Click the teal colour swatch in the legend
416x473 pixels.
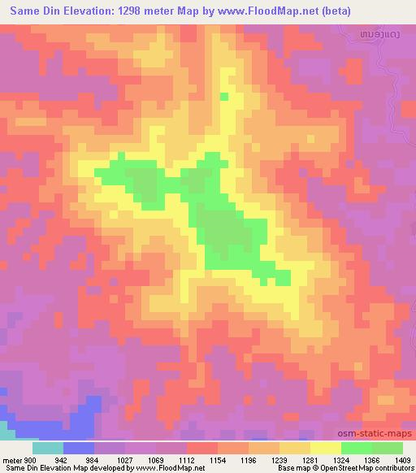(x=48, y=447)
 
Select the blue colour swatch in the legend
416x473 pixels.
(x=79, y=447)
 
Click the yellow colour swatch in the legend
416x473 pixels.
(x=326, y=447)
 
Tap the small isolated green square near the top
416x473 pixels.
(x=225, y=97)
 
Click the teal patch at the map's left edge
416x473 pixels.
(x=5, y=427)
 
